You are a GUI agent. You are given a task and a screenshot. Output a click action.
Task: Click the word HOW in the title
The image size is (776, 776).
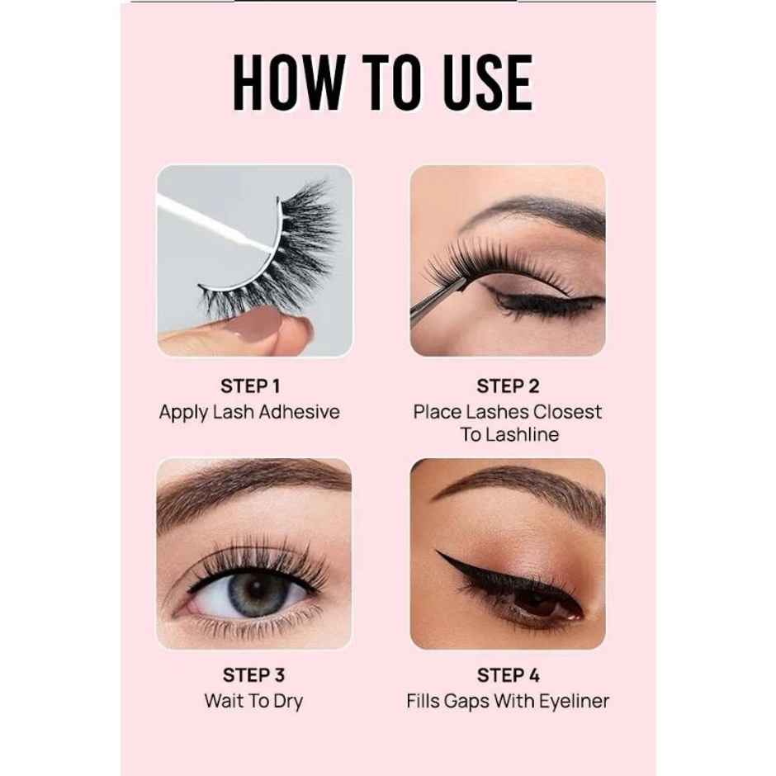tap(286, 83)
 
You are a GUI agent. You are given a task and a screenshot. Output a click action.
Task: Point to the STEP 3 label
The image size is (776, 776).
tap(253, 675)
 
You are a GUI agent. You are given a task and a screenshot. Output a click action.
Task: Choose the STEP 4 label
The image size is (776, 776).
tap(508, 675)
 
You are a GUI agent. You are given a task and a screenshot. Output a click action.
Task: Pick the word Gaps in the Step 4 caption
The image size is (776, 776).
tap(467, 702)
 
